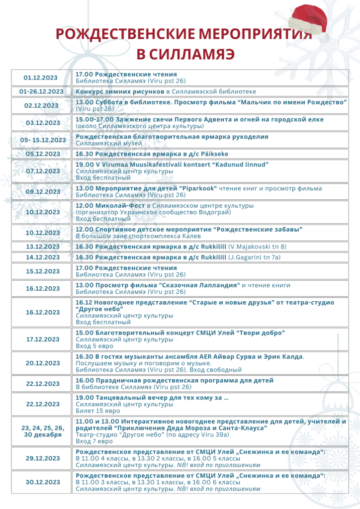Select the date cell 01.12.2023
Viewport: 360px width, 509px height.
click(42, 77)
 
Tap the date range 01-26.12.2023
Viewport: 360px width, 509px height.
click(42, 91)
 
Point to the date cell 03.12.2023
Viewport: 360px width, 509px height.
click(42, 123)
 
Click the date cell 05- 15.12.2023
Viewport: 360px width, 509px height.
click(42, 140)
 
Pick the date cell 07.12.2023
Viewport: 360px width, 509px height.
click(42, 171)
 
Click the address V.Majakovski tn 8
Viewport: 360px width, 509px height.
click(257, 247)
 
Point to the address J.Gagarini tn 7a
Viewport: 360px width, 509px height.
click(254, 257)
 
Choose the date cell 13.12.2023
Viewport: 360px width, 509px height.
click(42, 247)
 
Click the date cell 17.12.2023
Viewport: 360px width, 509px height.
click(42, 339)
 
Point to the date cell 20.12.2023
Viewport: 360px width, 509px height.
click(42, 363)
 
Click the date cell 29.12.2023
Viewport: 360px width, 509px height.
click(42, 458)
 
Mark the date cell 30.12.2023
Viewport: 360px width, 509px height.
click(42, 482)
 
